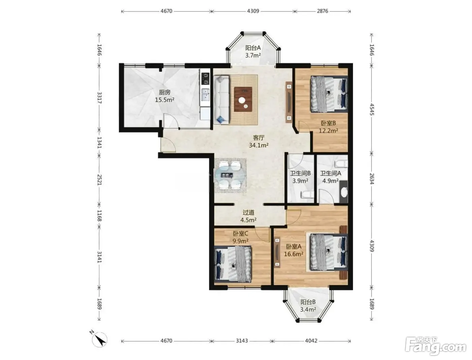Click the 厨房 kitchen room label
tap(165, 92)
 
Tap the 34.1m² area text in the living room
tap(259, 145)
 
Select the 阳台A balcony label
tap(253, 48)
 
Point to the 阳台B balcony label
tap(308, 302)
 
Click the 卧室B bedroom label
tap(328, 123)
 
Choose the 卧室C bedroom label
tap(240, 233)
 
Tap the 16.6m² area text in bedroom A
tap(294, 254)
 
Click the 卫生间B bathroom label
tap(300, 173)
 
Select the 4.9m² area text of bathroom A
tap(330, 181)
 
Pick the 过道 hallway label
tap(248, 212)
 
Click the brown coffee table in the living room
tap(243, 99)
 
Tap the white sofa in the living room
tap(221, 100)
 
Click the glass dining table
tap(230, 175)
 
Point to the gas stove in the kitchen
tap(205, 79)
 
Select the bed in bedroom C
tap(233, 264)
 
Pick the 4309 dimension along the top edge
tap(253, 11)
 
